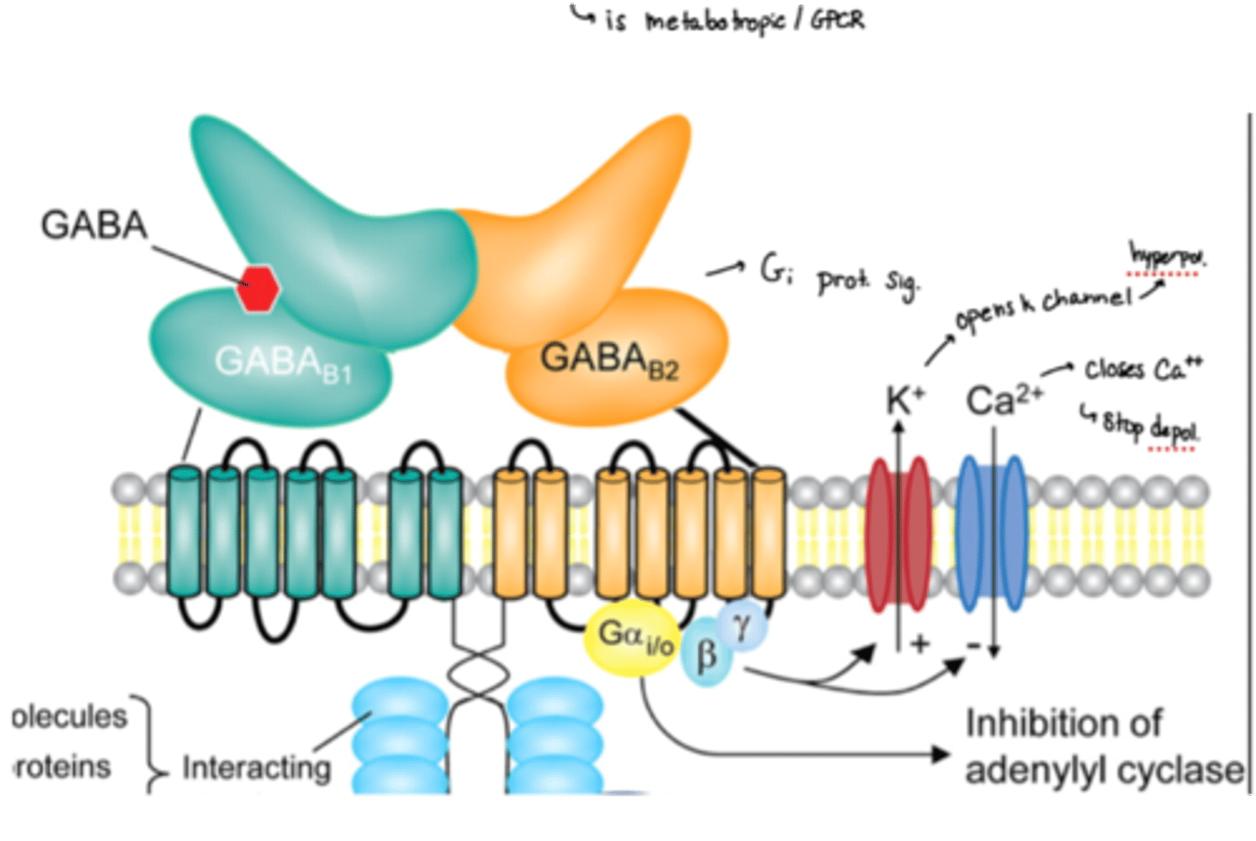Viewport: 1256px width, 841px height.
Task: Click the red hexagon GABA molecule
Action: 259,289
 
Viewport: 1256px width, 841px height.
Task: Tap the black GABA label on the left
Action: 94,225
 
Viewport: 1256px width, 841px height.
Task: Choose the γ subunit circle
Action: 743,624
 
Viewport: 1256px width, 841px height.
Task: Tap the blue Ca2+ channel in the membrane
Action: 993,533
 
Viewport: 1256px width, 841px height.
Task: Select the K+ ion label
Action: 904,400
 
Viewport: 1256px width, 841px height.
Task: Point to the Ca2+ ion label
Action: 1004,400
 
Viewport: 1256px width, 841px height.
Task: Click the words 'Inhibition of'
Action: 1063,724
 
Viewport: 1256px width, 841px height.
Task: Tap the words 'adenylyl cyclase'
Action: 1104,770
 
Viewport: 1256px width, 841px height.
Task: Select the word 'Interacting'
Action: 256,768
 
